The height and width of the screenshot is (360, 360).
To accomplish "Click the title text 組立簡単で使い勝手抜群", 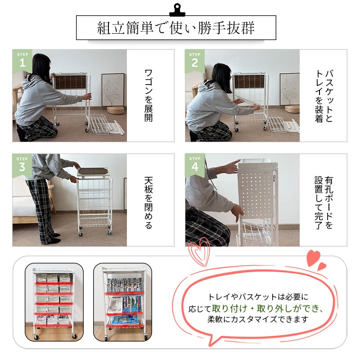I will (x=176, y=28).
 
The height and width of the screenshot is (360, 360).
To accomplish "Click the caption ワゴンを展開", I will (x=148, y=95).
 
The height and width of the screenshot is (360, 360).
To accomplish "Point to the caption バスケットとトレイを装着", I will (x=324, y=95).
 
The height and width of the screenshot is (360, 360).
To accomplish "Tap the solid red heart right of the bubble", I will (x=313, y=258).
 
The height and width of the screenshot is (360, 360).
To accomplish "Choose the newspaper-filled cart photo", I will (x=54, y=301).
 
